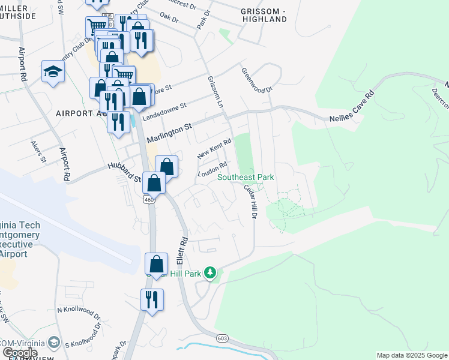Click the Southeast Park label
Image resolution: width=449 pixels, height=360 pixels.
coord(246,177)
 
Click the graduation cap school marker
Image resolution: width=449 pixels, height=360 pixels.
coord(53,72)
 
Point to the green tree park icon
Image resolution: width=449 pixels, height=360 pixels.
coord(210,273)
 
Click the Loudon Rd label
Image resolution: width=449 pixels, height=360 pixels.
coord(212,170)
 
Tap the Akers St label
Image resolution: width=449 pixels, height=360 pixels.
coord(39,152)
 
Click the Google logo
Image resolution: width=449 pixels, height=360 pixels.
coord(20,353)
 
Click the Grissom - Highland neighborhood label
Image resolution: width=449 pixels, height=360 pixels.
coord(264,16)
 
